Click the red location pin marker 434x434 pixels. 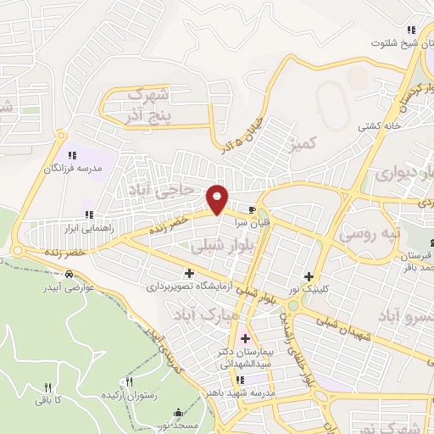(218, 199)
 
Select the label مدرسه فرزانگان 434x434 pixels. (73, 169)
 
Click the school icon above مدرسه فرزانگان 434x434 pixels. (73, 155)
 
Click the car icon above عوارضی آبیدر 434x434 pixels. (69, 273)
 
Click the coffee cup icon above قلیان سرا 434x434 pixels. (251, 209)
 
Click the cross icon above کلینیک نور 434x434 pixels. (309, 276)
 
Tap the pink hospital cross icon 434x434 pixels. (245, 339)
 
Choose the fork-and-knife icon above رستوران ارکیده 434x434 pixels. (129, 382)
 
